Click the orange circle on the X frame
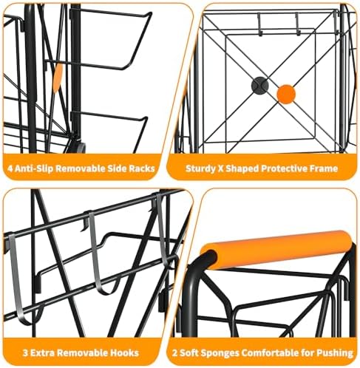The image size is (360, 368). [286, 94]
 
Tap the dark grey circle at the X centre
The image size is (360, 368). [259, 85]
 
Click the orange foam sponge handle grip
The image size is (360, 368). [277, 249]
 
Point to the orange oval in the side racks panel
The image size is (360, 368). [58, 78]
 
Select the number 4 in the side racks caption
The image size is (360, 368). [10, 168]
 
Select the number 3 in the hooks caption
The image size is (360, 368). [25, 353]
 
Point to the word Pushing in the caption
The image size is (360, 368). [335, 353]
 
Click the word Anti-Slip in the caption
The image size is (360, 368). [33, 169]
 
